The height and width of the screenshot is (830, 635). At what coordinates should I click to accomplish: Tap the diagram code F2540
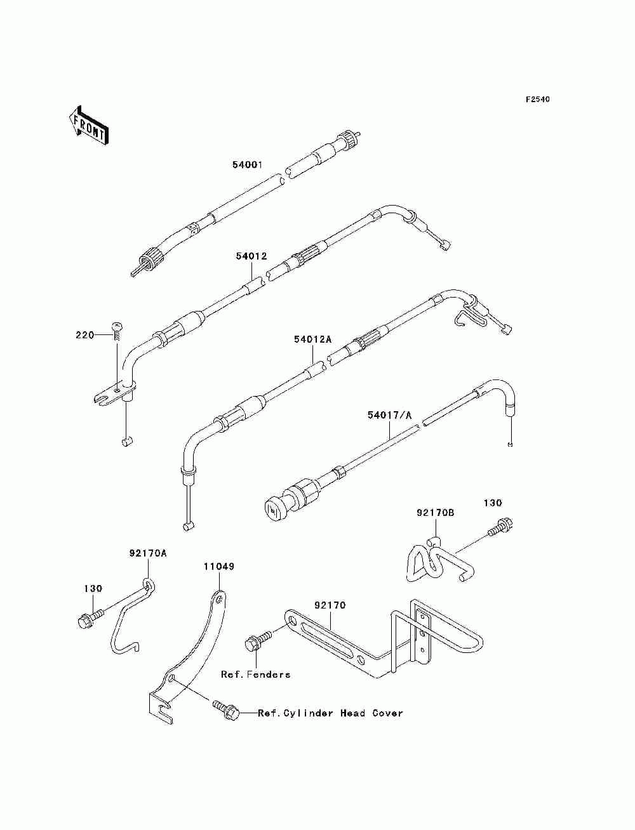coord(537,100)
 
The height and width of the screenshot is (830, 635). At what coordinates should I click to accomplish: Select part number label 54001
coord(247,165)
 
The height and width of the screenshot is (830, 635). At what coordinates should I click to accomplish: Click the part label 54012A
coord(312,339)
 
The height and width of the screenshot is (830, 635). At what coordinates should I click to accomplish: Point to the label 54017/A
coord(389,416)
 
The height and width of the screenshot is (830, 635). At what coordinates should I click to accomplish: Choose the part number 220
coord(84,335)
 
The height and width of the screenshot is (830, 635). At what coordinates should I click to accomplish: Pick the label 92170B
coord(436,513)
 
